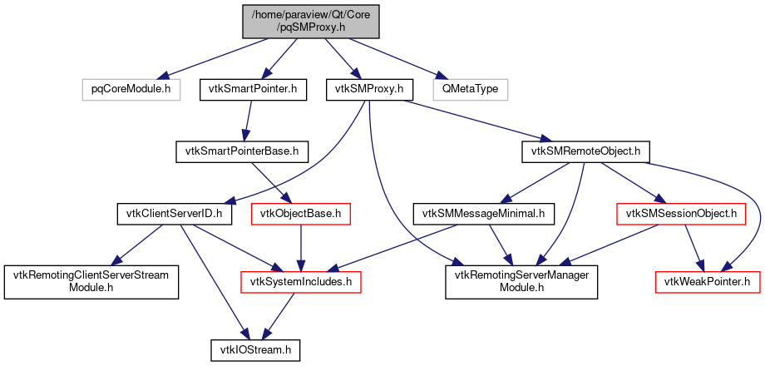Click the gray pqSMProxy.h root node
311,20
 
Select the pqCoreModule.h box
131,88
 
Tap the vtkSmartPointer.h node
253,88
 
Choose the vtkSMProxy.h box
368,88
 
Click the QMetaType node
470,88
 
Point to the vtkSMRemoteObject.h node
585,151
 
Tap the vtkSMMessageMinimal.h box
483,215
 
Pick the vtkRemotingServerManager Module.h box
522,283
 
